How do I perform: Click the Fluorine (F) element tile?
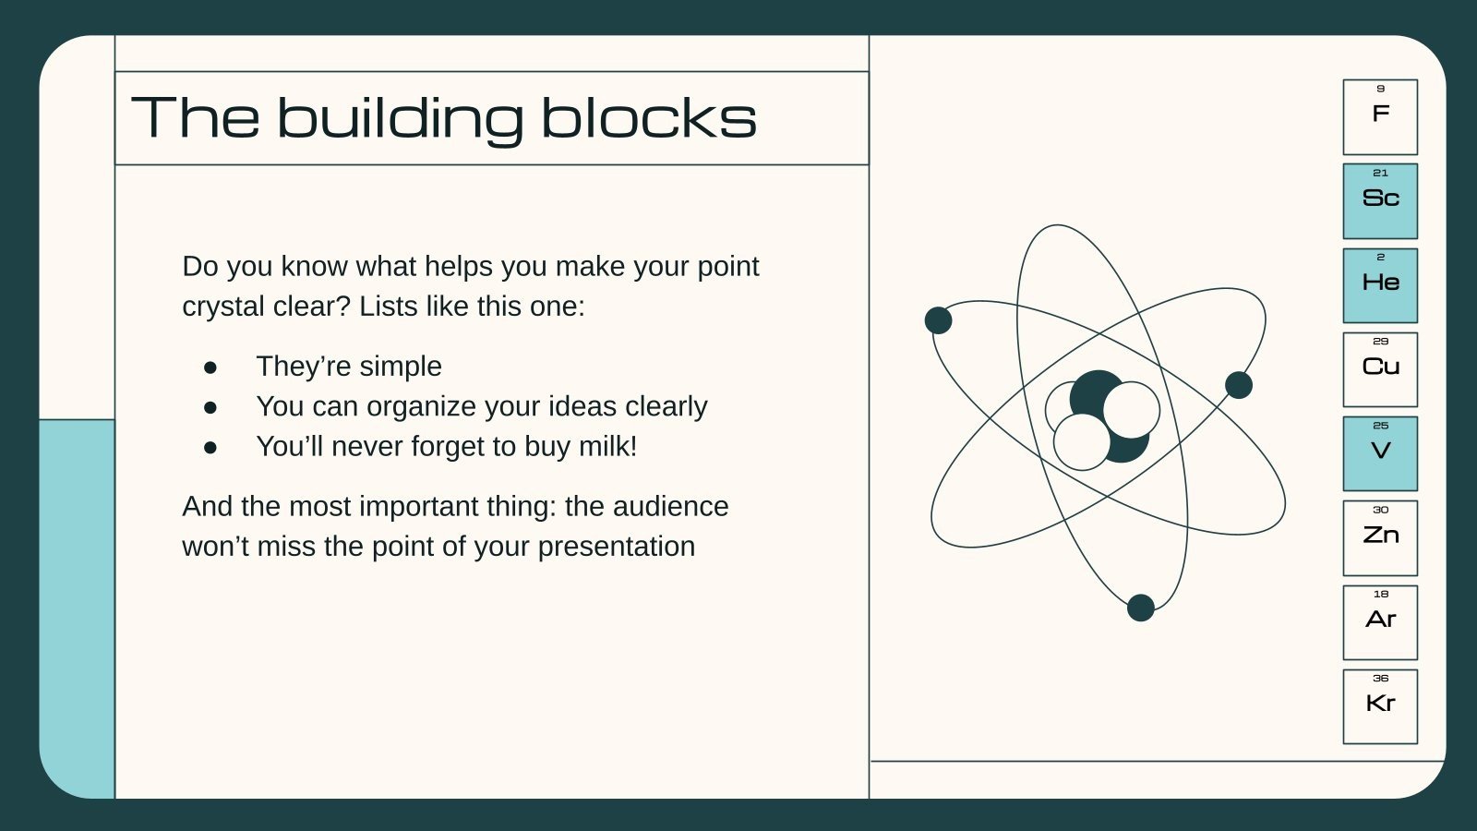(1379, 117)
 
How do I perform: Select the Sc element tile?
(1379, 201)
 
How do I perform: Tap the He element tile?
(1379, 285)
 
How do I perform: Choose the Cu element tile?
(1379, 369)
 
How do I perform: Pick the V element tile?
(1379, 453)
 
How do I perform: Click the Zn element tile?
(1379, 538)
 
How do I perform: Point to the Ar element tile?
(1379, 622)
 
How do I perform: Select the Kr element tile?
(1379, 706)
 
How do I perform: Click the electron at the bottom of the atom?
(1141, 608)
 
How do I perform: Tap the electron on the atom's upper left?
(938, 320)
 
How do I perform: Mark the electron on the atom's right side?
(1239, 385)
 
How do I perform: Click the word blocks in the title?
(648, 118)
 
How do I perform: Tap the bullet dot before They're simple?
(210, 367)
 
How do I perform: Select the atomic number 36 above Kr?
(1380, 678)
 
